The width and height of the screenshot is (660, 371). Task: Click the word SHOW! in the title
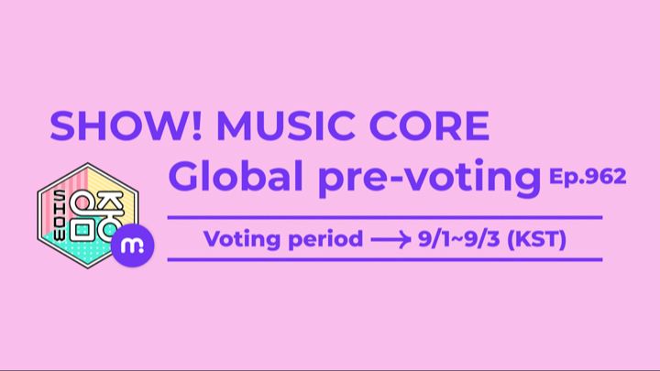126,125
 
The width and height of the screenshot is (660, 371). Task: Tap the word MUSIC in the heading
285,125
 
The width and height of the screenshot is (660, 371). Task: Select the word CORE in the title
429,125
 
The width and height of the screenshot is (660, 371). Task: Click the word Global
236,176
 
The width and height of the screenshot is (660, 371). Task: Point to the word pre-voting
429,179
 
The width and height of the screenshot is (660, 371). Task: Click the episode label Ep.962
588,176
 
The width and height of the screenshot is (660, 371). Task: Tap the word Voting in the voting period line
242,239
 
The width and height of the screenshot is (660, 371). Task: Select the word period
325,239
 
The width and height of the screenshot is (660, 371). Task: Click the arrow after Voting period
391,240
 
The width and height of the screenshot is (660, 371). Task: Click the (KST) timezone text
536,239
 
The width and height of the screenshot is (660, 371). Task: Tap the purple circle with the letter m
133,246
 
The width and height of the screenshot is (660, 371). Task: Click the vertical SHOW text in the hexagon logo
60,216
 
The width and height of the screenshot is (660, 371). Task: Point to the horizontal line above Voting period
385,217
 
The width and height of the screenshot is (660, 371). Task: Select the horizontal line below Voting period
385,259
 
